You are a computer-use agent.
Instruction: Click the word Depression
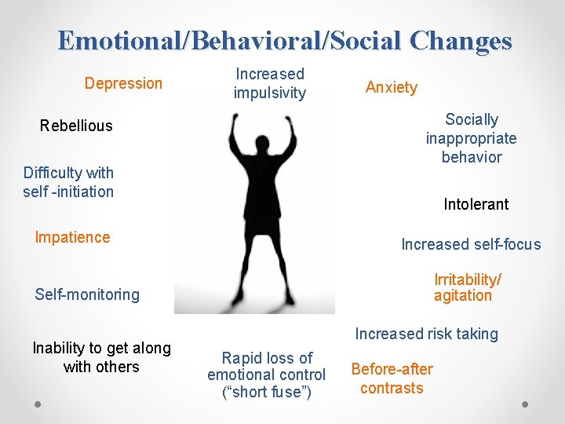(x=123, y=83)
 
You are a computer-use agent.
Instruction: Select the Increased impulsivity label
(x=269, y=83)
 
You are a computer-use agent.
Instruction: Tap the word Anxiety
(x=391, y=87)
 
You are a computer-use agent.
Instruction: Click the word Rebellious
(x=76, y=126)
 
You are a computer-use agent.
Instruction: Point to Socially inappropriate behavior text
(x=471, y=138)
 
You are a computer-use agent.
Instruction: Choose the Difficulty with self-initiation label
(x=68, y=182)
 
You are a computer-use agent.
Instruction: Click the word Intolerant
(x=476, y=204)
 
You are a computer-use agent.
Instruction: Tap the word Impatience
(x=72, y=237)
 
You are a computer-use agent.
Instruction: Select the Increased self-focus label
(x=471, y=244)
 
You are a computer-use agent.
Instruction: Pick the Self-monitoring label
(x=87, y=294)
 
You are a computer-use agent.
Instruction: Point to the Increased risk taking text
(x=426, y=334)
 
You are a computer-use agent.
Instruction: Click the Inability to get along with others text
(x=101, y=357)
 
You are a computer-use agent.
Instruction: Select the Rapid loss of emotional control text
(x=266, y=375)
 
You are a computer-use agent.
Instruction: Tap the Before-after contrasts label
(x=392, y=378)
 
